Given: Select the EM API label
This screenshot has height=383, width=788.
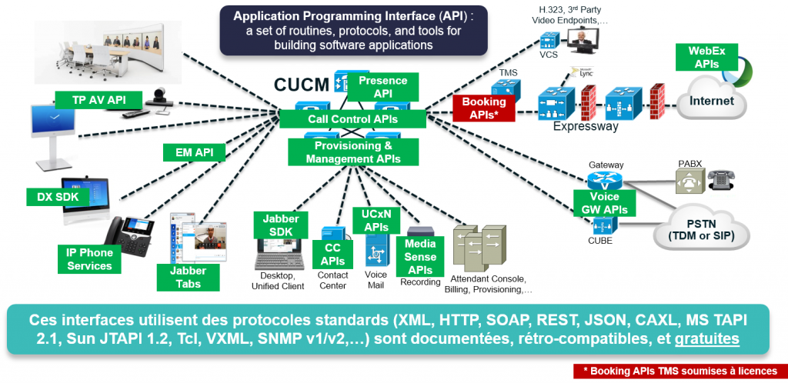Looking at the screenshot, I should (x=193, y=152).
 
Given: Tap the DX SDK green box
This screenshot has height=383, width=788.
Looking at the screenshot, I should (x=58, y=197).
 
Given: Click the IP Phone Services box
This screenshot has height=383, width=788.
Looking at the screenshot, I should (x=89, y=259).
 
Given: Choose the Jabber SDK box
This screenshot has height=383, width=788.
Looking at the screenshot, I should (x=281, y=226).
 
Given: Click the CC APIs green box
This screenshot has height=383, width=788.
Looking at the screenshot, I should (x=332, y=253).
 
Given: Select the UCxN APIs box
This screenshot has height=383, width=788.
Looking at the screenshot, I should (x=376, y=220).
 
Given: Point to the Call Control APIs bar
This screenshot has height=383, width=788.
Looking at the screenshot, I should (x=352, y=119).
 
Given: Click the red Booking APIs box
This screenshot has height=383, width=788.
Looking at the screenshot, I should (x=483, y=108).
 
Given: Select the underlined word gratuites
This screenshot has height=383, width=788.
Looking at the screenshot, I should (x=708, y=339).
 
